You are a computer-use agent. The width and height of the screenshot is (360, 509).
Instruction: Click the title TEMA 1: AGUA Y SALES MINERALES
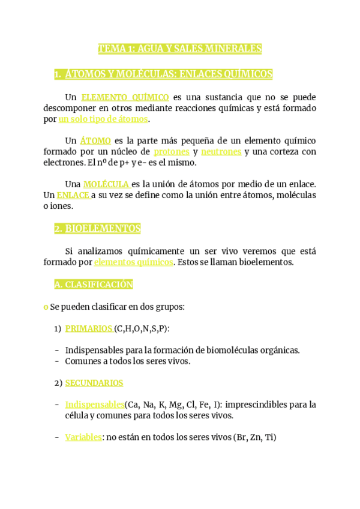[x=180, y=49]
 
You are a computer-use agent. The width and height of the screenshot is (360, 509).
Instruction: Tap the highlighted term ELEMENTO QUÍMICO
[x=125, y=97]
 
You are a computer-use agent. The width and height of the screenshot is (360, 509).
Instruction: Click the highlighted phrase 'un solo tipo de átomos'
[x=103, y=119]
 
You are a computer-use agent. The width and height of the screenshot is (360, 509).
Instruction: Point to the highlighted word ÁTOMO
[x=95, y=141]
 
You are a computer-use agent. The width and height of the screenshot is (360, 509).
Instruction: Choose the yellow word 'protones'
[x=171, y=152]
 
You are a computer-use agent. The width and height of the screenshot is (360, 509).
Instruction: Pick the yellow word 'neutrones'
[x=221, y=152]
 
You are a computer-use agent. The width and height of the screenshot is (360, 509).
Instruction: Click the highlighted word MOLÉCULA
[x=106, y=184]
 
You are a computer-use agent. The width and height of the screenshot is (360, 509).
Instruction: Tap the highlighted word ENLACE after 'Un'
[x=73, y=195]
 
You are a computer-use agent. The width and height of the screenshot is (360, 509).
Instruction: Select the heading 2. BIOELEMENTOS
[x=97, y=229]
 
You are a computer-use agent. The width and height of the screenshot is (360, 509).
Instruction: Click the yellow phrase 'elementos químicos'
[x=133, y=262]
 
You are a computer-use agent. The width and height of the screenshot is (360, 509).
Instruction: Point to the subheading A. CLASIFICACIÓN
[x=94, y=285]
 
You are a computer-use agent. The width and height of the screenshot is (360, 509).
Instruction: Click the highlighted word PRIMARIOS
[x=88, y=328]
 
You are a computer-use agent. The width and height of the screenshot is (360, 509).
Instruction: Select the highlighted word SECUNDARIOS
[x=94, y=383]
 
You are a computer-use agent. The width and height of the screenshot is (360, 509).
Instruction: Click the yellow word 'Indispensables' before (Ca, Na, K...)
[x=94, y=405]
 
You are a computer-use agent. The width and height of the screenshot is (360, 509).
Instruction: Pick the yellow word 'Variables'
[x=83, y=438]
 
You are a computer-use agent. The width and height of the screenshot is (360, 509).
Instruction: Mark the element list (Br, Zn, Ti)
[x=255, y=438]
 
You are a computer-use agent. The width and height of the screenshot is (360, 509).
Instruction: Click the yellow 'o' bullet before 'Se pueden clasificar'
[x=46, y=307]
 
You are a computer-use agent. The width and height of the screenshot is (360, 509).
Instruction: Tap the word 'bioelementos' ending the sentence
[x=266, y=262]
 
